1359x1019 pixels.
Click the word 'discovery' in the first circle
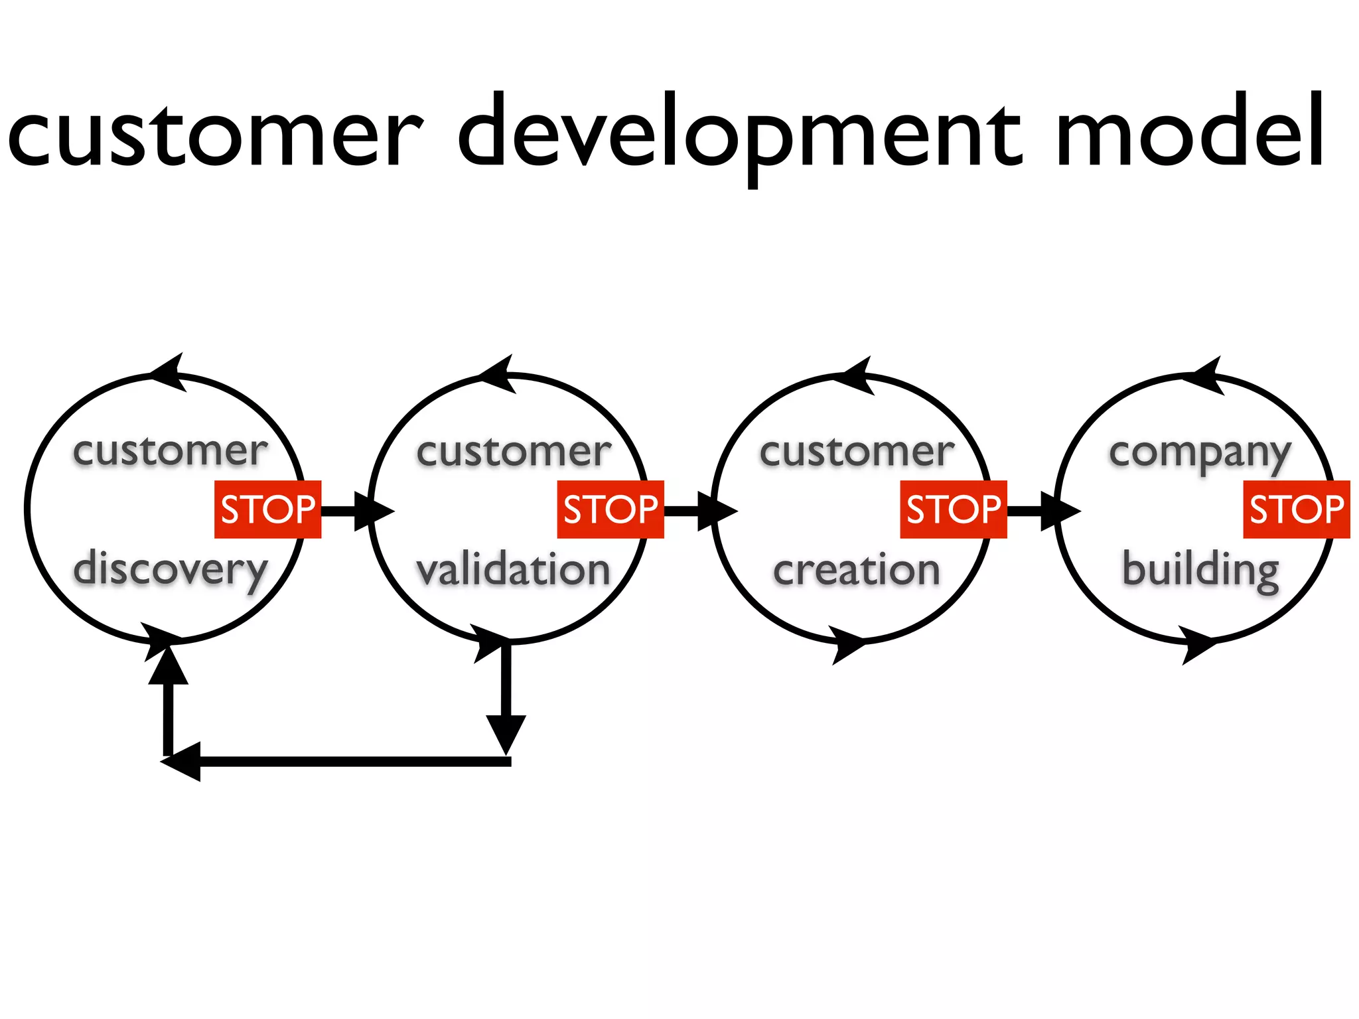coord(171,570)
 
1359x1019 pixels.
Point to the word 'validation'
coord(513,570)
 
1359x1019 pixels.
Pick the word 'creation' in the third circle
coord(856,570)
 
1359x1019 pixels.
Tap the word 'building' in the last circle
coord(1200,570)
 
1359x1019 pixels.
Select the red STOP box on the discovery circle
coord(267,509)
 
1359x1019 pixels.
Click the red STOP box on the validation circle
coord(610,509)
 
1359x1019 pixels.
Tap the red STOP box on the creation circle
coord(954,509)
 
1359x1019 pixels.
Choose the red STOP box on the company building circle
coord(1296,509)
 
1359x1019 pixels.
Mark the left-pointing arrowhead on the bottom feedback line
coord(182,762)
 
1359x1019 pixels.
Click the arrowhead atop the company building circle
coord(1204,376)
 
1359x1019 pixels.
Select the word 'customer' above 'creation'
coord(856,452)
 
